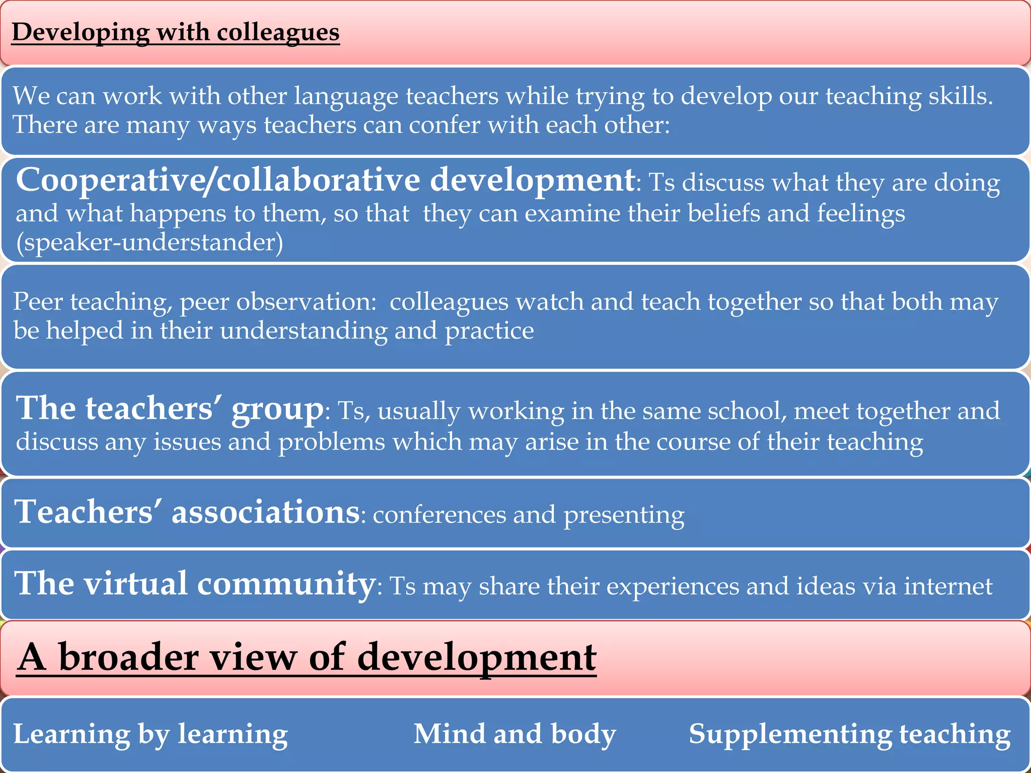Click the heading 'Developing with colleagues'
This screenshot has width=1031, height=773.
pyautogui.click(x=175, y=32)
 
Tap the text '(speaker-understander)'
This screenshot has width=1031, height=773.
pyautogui.click(x=150, y=243)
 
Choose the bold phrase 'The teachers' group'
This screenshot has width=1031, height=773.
pyautogui.click(x=170, y=408)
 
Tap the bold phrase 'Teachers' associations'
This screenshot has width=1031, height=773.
pyautogui.click(x=187, y=512)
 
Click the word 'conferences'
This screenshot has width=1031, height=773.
pyautogui.click(x=438, y=515)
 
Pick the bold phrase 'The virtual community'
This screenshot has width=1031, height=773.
pyautogui.click(x=195, y=584)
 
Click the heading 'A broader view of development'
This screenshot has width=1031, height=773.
pyautogui.click(x=306, y=657)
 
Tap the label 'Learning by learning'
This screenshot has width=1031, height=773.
pyautogui.click(x=150, y=734)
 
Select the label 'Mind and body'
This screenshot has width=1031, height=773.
pyautogui.click(x=514, y=734)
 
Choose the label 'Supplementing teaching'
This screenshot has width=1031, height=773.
pyautogui.click(x=849, y=734)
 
